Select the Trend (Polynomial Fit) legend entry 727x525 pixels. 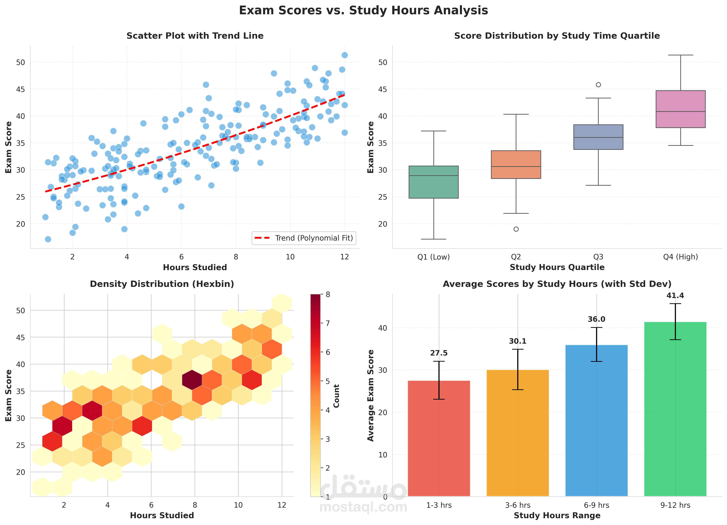tap(304, 238)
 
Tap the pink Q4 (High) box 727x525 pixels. tap(680, 109)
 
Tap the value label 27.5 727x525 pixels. tap(439, 353)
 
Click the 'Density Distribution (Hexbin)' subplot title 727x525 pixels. tap(162, 284)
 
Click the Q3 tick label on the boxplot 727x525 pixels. tap(598, 257)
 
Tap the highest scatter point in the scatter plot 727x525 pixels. tap(345, 55)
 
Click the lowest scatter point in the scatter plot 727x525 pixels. tap(48, 239)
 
